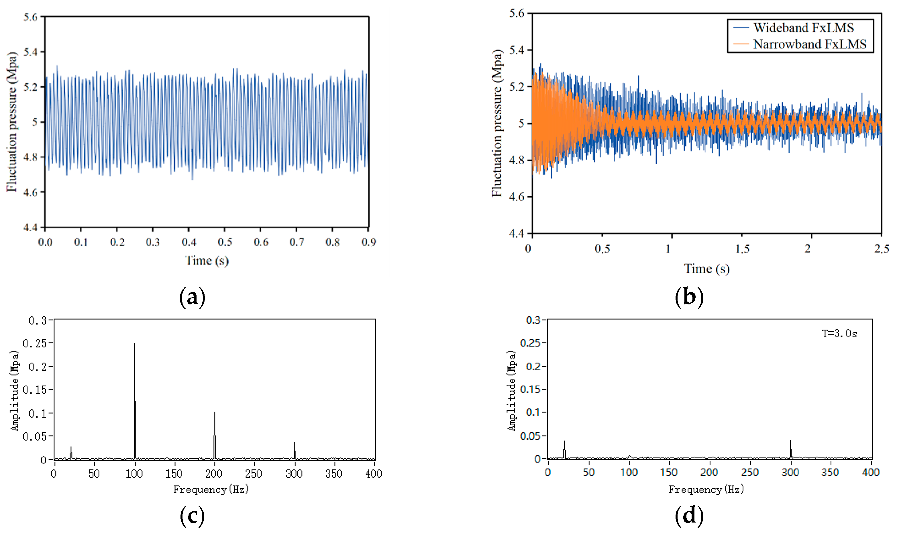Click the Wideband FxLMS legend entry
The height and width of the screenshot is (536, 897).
803,28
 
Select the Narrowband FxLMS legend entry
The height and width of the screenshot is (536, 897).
809,44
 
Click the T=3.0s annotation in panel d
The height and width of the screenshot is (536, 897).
839,333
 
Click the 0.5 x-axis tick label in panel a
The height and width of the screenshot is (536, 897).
225,242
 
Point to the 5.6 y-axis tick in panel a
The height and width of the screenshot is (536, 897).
30,17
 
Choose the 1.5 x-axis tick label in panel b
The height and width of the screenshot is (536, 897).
742,249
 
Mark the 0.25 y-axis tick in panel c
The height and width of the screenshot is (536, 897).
35,343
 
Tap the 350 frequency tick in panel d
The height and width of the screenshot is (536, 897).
830,472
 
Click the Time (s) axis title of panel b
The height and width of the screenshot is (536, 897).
706,269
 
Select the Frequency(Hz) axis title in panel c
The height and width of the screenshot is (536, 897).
211,489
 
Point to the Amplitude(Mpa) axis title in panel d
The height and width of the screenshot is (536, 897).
512,390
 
